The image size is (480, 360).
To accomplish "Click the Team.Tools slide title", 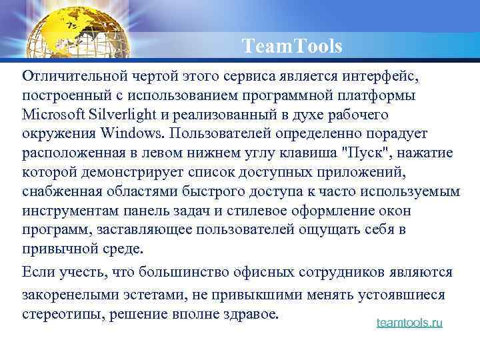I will (292, 46).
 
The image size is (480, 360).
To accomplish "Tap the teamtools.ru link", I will (409, 323).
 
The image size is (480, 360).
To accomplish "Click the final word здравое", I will (250, 313).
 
